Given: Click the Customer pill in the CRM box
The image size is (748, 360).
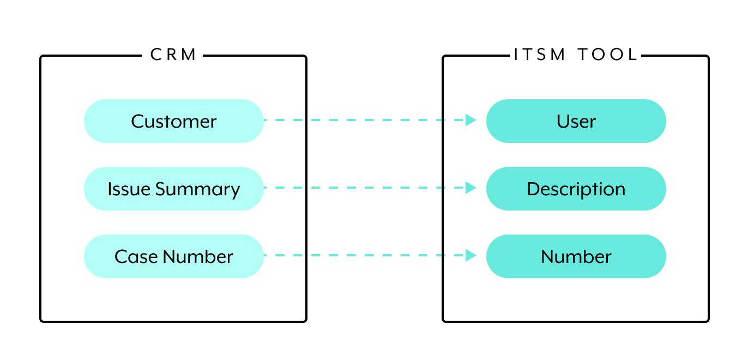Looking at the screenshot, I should (173, 121).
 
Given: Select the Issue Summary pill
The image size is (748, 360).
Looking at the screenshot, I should (173, 189).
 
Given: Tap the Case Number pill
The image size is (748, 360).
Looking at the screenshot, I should (173, 256).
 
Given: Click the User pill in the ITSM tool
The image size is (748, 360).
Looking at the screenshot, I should (576, 121).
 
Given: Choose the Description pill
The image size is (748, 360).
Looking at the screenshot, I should (576, 189).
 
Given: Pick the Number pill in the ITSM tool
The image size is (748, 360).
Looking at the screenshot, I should (576, 256).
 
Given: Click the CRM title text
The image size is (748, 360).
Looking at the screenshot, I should (173, 55).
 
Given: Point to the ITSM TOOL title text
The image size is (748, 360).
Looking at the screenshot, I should (576, 55).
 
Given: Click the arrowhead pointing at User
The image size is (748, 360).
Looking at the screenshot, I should (470, 120).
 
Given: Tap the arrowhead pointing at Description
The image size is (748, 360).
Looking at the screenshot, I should (470, 188).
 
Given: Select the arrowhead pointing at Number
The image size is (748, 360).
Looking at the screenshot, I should (470, 255).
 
